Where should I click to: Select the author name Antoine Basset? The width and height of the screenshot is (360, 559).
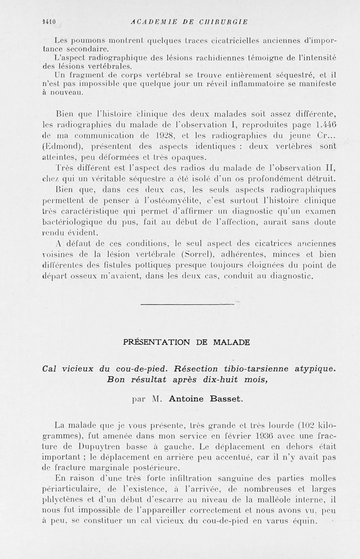206,398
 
